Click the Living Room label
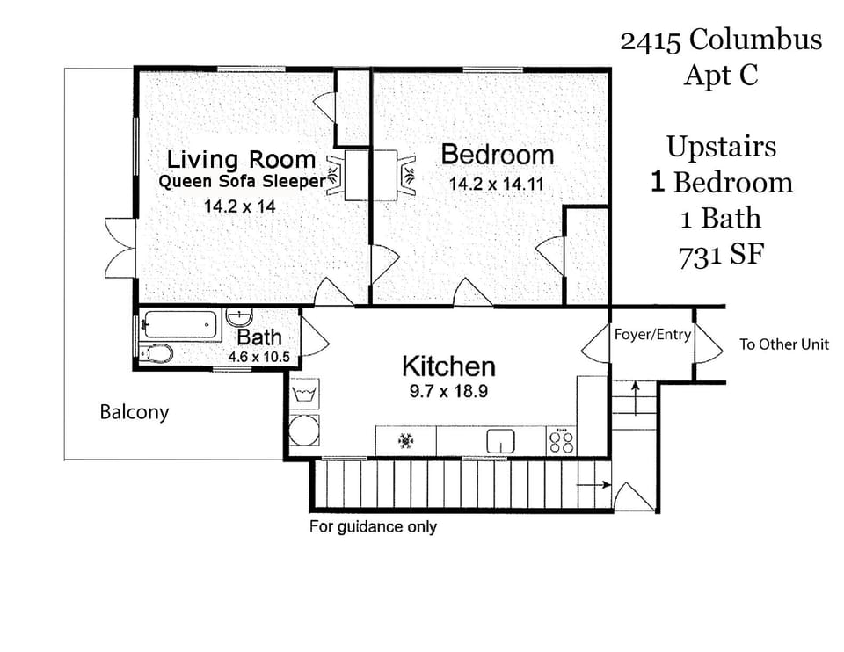241,159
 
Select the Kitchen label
448,366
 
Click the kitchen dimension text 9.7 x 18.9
448,392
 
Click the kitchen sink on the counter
501,440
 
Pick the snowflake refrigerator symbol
406,440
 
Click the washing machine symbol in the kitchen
305,392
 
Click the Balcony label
134,412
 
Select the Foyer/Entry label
652,335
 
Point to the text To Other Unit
783,344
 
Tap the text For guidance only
373,527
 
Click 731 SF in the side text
720,255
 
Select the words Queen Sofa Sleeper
241,182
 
